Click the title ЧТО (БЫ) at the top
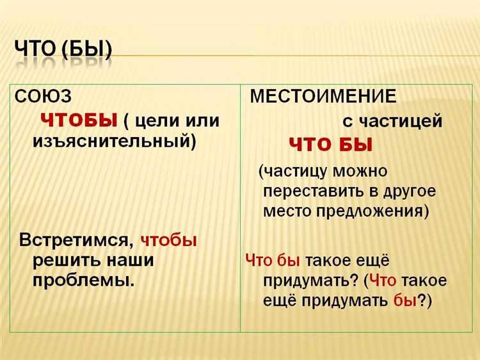(62, 49)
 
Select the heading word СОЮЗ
(44, 96)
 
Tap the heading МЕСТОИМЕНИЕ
(323, 97)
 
